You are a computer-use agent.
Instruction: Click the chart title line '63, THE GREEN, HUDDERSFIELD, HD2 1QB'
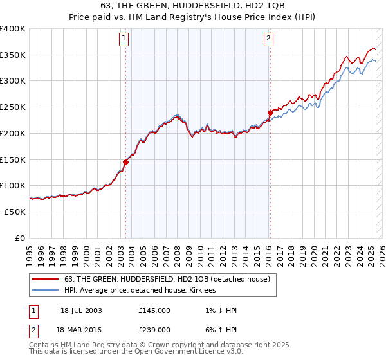coord(193,7)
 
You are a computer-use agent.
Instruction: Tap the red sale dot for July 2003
coord(126,162)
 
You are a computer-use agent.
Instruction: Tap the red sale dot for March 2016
coord(270,113)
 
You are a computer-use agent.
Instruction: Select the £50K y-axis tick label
coord(15,212)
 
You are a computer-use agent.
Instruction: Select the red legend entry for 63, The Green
coord(170,279)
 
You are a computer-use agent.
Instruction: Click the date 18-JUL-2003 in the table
coord(84,310)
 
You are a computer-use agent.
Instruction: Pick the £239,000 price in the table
coord(154,329)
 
